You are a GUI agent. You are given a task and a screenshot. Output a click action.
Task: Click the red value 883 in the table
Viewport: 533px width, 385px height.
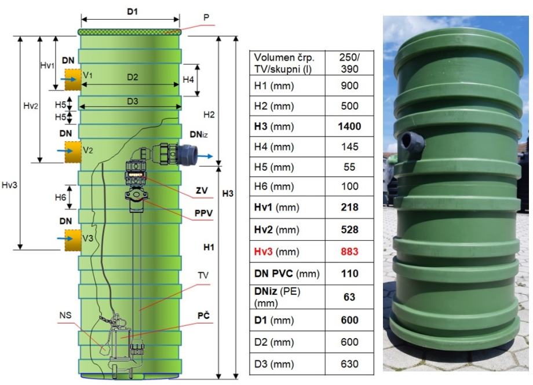(x=349, y=251)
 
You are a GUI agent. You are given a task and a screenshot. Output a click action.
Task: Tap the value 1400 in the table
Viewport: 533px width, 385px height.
(x=349, y=126)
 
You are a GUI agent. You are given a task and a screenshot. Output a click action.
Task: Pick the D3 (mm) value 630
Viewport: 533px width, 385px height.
(x=349, y=364)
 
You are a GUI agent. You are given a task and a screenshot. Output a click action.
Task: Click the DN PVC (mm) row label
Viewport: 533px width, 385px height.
(x=287, y=273)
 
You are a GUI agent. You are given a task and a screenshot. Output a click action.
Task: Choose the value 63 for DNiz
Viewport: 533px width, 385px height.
(x=349, y=297)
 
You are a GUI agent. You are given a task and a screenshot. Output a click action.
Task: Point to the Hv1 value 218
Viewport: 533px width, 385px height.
(x=349, y=207)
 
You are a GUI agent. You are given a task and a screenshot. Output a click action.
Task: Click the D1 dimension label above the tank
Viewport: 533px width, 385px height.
(x=132, y=12)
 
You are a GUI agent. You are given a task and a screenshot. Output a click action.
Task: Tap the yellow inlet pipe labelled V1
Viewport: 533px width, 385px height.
(x=73, y=79)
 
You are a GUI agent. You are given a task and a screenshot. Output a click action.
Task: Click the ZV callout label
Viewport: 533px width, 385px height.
(x=202, y=190)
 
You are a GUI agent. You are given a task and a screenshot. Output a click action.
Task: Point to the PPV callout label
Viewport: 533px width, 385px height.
(x=203, y=214)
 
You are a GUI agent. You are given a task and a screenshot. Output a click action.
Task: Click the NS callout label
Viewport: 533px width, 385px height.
(x=65, y=316)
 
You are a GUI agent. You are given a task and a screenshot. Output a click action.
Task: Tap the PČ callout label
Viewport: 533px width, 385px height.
(x=203, y=316)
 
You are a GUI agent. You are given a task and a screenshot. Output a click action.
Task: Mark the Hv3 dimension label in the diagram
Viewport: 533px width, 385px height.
(x=9, y=185)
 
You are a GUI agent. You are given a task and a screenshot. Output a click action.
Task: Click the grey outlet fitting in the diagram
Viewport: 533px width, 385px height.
(x=186, y=155)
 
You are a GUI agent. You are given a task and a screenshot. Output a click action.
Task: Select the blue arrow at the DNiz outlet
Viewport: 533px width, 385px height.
(x=205, y=156)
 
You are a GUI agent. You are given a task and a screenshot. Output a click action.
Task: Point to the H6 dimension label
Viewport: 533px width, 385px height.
(x=60, y=197)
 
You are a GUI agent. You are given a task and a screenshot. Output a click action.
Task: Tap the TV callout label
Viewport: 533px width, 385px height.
(x=203, y=275)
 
